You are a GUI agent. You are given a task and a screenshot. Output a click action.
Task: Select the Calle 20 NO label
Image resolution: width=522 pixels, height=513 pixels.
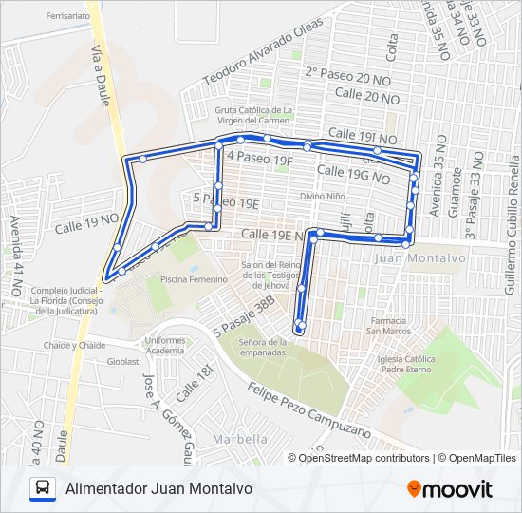367,97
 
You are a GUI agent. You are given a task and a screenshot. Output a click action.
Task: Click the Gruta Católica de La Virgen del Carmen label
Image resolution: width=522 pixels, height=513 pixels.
253,115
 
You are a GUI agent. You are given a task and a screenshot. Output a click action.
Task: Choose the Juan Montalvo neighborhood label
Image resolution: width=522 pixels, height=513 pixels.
420,257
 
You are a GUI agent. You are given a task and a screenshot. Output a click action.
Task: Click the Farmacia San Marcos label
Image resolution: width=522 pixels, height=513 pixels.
388,326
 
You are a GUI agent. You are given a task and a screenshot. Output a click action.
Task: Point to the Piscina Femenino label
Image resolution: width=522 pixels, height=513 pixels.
194,279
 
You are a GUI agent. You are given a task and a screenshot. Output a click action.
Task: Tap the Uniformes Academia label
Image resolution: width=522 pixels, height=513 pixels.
165,345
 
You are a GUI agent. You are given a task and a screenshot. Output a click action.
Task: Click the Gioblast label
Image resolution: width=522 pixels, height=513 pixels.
123,361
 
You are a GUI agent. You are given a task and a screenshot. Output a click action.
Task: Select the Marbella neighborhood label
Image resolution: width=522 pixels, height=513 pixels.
240,439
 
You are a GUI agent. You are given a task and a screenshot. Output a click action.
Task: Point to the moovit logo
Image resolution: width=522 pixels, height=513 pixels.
450,489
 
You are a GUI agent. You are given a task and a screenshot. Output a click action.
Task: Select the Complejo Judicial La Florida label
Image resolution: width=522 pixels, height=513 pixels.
64,300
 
